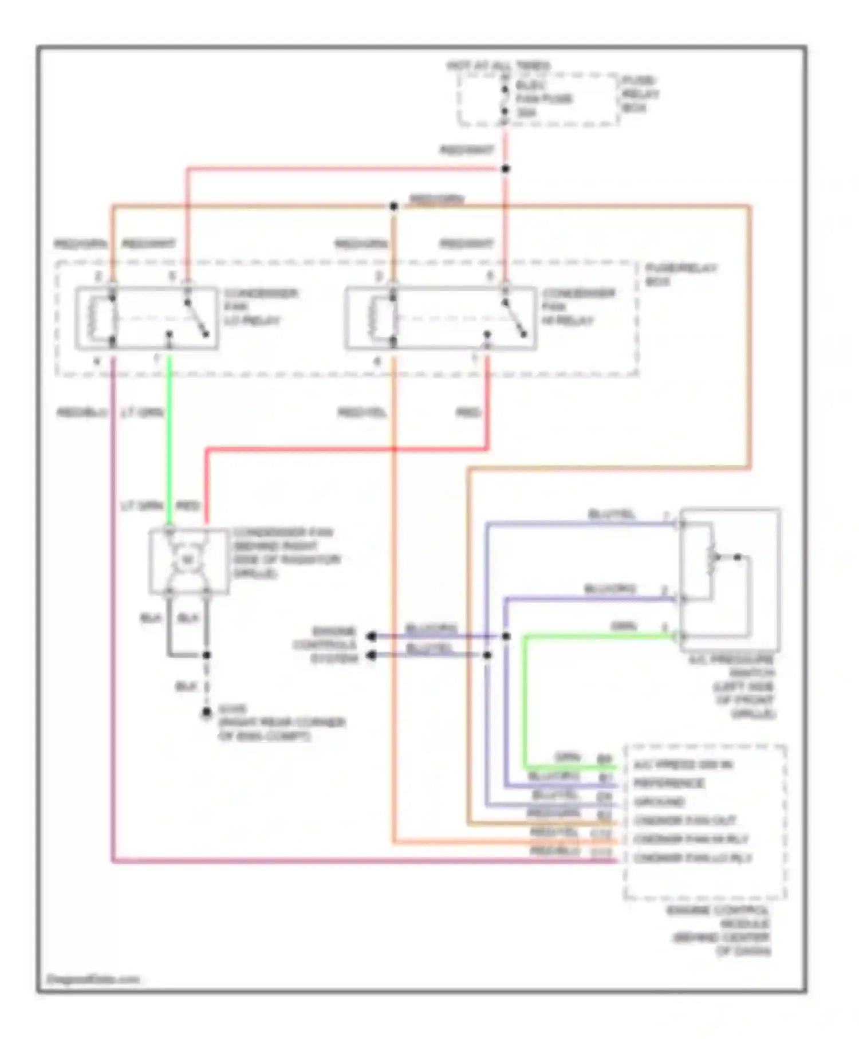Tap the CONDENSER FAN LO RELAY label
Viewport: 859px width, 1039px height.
tap(260, 307)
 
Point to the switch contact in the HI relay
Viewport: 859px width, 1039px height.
tap(514, 318)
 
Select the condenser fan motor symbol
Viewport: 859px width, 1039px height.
tap(187, 560)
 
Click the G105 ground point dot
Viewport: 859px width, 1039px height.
tap(206, 713)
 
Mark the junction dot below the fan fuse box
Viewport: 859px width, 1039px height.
tap(505, 169)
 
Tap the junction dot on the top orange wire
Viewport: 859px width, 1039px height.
tap(393, 206)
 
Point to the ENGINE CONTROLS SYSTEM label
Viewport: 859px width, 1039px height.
tap(326, 645)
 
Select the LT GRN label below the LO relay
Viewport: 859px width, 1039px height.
tap(143, 412)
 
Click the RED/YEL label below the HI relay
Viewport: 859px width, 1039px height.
tap(361, 412)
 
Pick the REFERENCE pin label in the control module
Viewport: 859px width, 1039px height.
tap(668, 783)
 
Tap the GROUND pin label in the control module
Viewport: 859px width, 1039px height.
tap(659, 802)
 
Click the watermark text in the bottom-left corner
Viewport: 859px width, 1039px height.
tap(92, 979)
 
